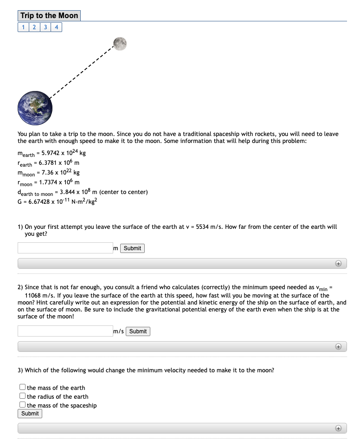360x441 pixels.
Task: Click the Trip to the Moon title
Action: click(x=49, y=16)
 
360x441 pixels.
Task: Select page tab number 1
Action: click(x=23, y=27)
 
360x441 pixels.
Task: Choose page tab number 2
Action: click(x=34, y=27)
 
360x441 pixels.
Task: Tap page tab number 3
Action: click(x=45, y=27)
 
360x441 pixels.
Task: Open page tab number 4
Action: click(x=56, y=27)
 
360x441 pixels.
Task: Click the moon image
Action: click(x=119, y=43)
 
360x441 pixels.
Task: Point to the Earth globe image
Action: click(x=35, y=109)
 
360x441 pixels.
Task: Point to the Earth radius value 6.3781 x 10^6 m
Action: click(x=58, y=163)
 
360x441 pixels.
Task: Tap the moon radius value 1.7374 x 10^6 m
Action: click(x=59, y=182)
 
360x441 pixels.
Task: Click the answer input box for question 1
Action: click(x=65, y=248)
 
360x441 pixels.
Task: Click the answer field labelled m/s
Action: click(x=65, y=331)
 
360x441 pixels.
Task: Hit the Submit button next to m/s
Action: click(x=138, y=331)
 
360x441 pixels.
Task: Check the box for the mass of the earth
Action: click(x=22, y=387)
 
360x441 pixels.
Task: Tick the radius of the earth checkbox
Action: click(x=22, y=396)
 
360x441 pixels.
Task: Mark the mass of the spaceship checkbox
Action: click(x=22, y=405)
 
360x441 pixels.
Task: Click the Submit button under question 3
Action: click(x=30, y=414)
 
